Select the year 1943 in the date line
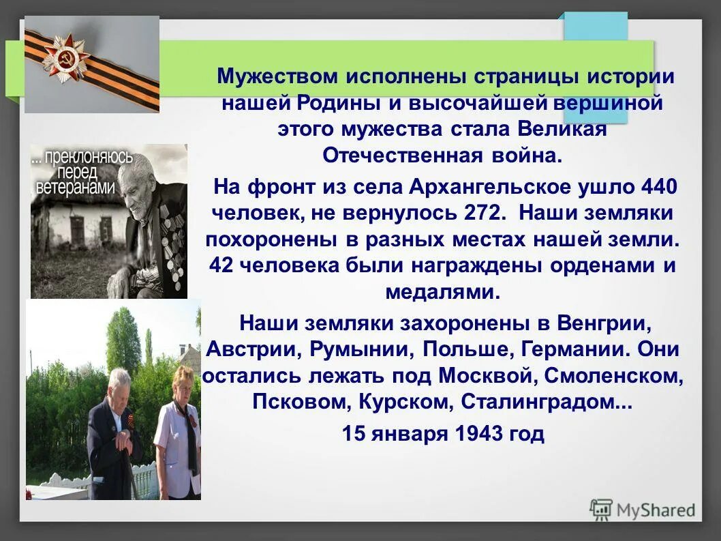pos(478,433)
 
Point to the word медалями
pos(442,292)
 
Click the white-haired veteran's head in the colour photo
pos(120,380)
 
